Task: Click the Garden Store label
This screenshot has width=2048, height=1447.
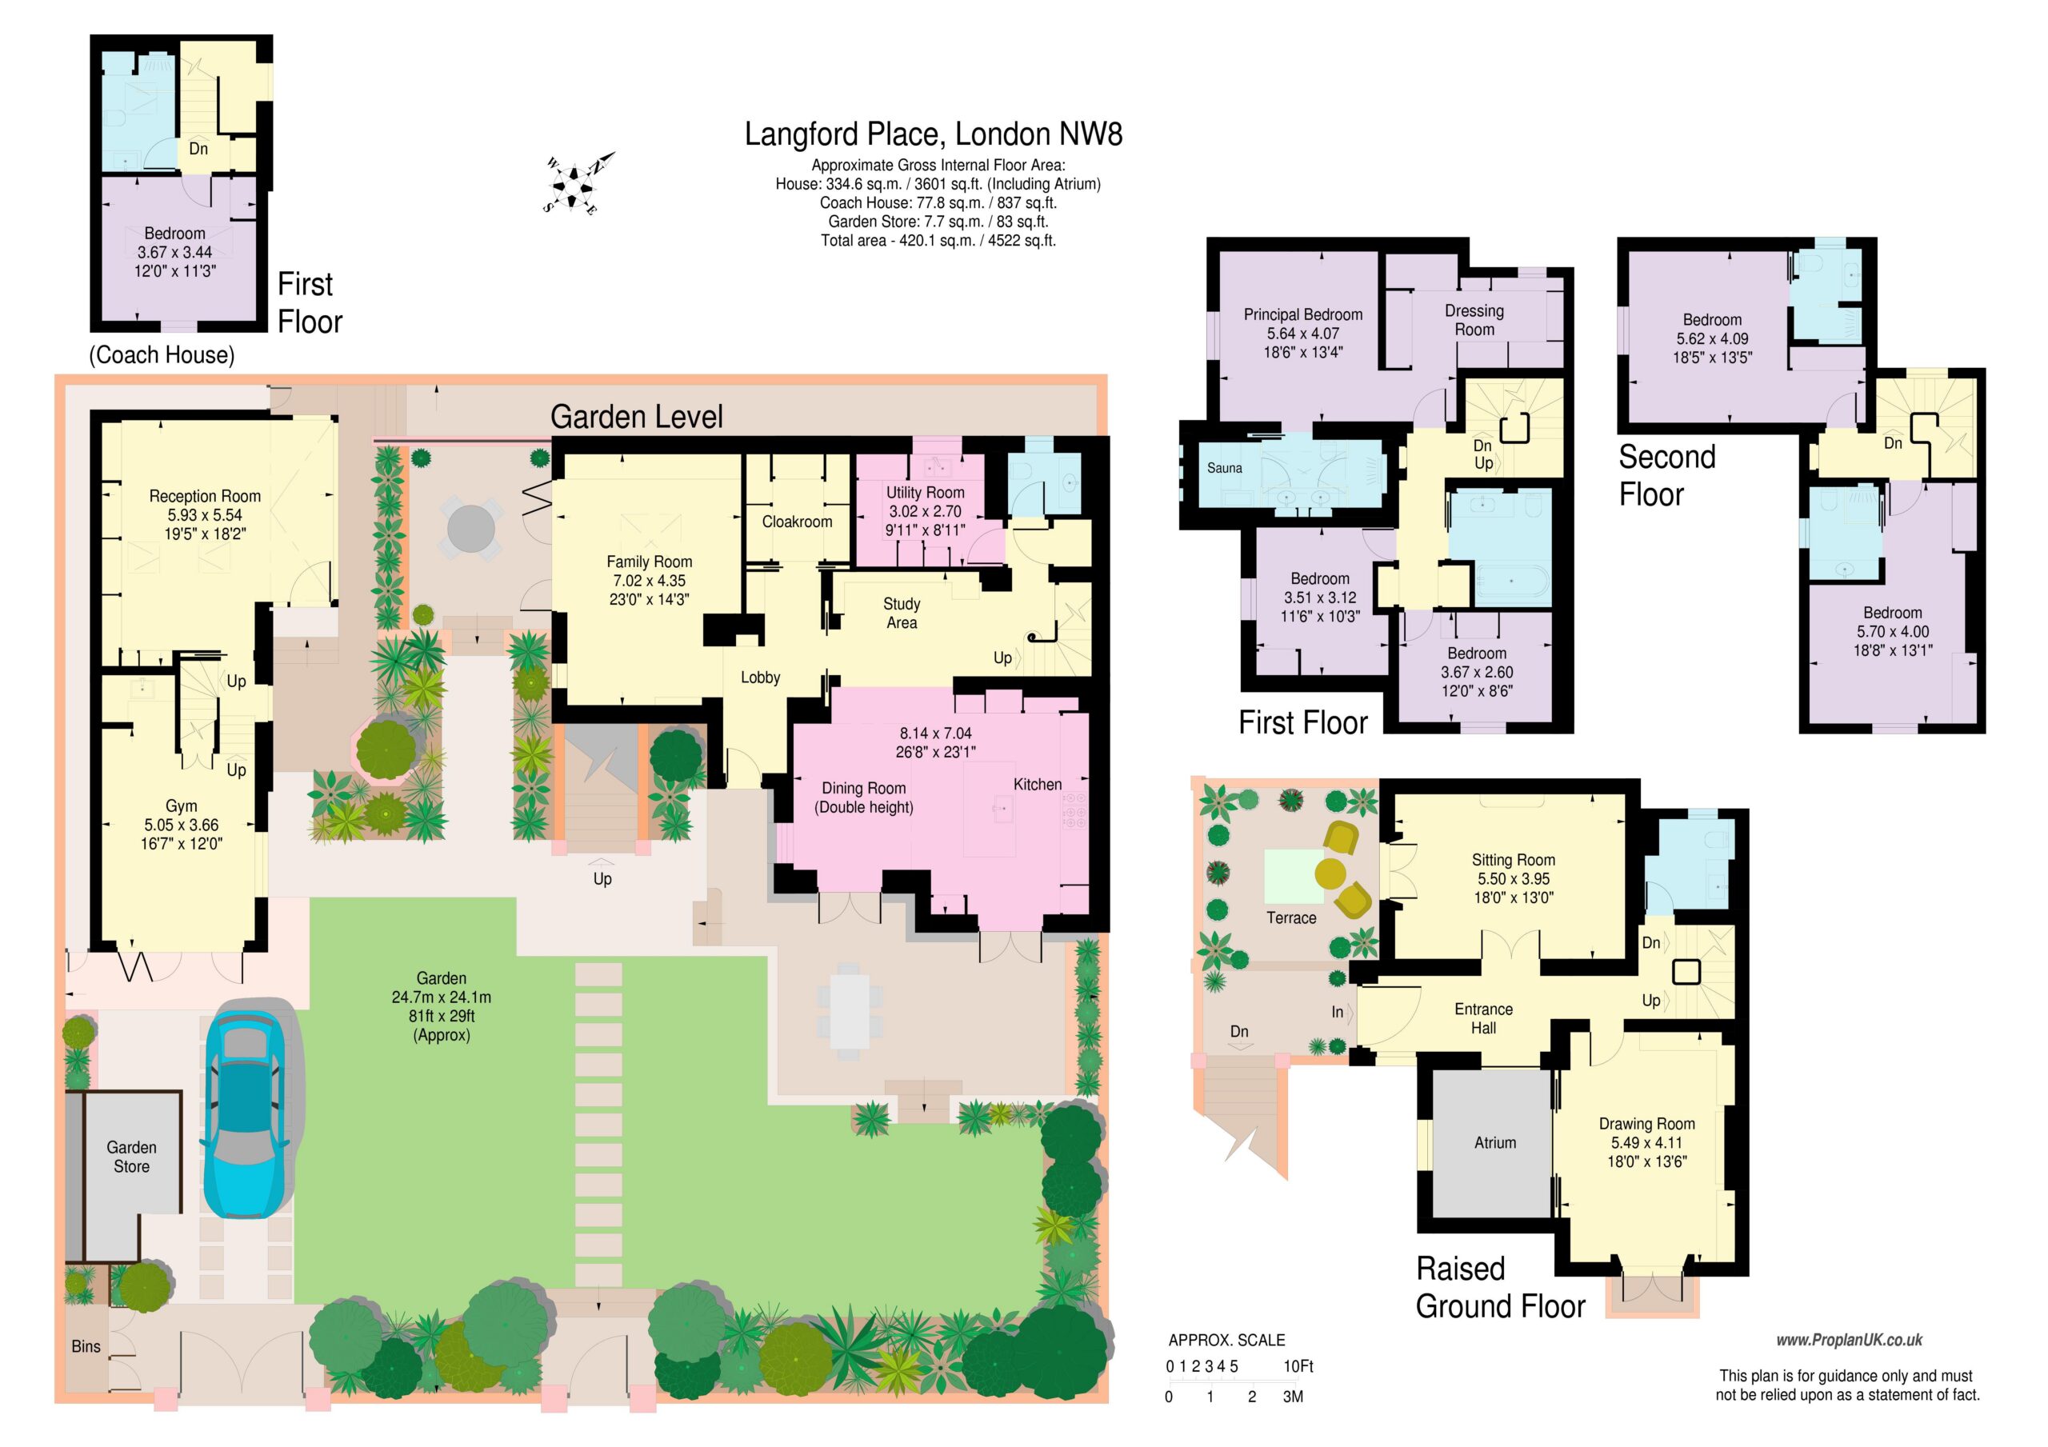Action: (131, 1157)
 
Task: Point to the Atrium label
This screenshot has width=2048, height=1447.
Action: (1495, 1143)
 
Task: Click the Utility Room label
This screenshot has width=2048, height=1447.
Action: (925, 493)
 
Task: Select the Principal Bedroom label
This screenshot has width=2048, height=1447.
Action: (1303, 315)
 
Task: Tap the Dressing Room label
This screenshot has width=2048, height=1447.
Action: (1474, 320)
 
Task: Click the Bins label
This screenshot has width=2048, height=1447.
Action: (86, 1346)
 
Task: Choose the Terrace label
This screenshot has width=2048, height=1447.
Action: (1290, 918)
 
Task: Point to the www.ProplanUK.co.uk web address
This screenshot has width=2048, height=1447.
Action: (1849, 1340)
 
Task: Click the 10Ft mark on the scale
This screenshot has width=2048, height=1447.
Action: (1298, 1366)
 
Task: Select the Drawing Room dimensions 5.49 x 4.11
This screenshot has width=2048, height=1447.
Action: (1646, 1143)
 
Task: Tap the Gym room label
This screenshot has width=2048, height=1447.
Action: (181, 806)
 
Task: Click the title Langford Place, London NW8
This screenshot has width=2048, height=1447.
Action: (933, 134)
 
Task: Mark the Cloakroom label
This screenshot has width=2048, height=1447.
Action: (797, 522)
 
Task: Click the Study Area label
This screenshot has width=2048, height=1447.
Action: (902, 614)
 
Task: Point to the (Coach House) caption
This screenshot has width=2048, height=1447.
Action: (162, 355)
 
